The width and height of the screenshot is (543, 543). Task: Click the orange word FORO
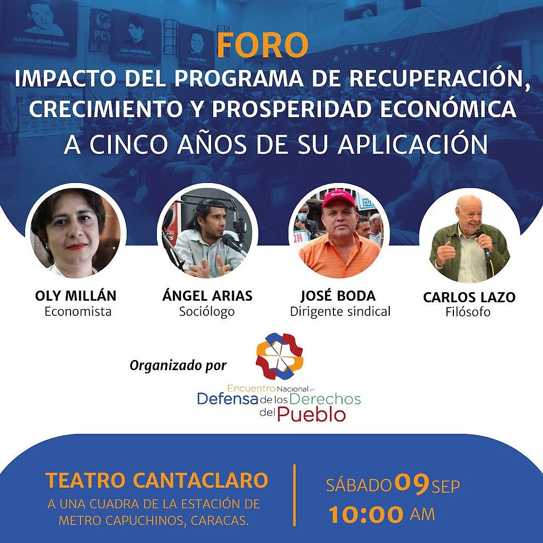[x=262, y=45]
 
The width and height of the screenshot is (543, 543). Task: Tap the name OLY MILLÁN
[x=75, y=296]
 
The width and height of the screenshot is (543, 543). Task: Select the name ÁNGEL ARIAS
[x=207, y=296]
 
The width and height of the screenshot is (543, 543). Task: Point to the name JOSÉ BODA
[x=338, y=296]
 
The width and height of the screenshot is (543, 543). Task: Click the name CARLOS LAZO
[x=469, y=297]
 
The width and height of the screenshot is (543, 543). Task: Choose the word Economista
[x=78, y=311]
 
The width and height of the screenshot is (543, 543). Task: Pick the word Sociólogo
[x=207, y=312]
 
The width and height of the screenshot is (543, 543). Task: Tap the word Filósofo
[x=468, y=312]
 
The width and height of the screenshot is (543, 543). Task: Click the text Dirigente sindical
[x=340, y=312]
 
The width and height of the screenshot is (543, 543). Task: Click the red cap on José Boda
[x=338, y=199]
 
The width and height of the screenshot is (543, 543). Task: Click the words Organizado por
[x=178, y=366]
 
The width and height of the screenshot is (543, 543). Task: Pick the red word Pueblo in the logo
[x=311, y=415]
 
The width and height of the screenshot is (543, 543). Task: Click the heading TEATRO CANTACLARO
[x=157, y=480]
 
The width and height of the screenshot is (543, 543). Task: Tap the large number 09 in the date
[x=411, y=484]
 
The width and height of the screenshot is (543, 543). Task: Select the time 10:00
[x=366, y=514]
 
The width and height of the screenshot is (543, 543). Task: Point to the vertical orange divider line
[x=295, y=495]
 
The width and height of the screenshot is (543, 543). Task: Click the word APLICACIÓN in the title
[x=413, y=144]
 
